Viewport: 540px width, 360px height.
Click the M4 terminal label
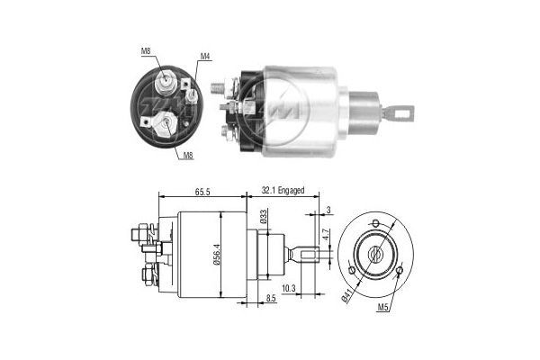point(205,57)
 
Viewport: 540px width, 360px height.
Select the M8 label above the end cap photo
point(146,51)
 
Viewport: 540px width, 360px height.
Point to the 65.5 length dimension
point(202,192)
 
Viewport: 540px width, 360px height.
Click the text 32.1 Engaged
point(283,192)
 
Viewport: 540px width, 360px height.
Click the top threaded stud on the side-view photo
point(219,87)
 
